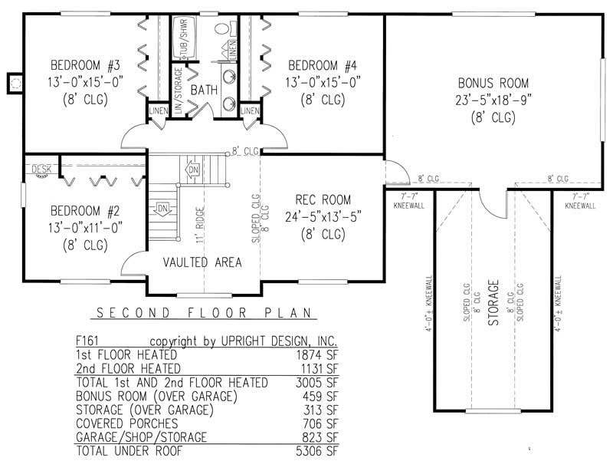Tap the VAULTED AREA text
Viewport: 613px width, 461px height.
[202, 262]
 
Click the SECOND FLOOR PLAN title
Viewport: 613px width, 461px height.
[202, 313]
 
